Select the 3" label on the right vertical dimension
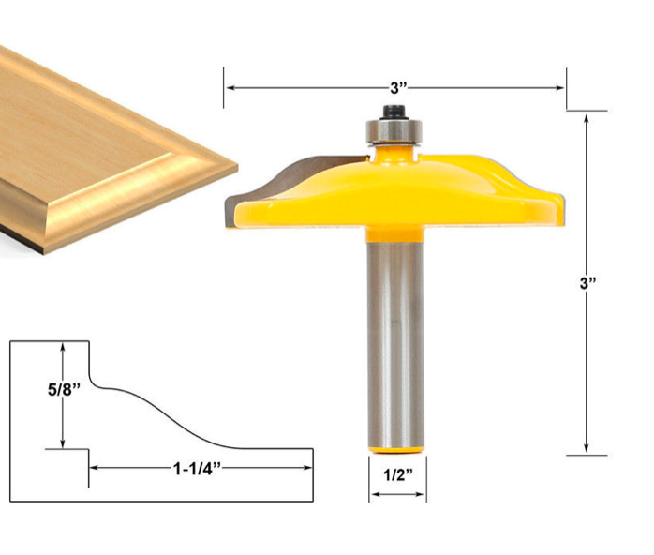(588, 283)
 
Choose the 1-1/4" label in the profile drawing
(201, 466)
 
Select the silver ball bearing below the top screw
(394, 132)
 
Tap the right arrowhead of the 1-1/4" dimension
(306, 466)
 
